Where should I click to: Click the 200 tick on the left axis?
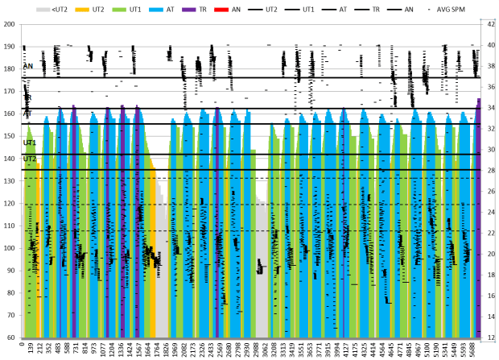click(x=10, y=24)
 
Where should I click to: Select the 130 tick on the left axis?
click(x=10, y=181)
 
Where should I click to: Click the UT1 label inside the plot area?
click(x=29, y=143)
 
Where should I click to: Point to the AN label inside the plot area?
click(x=28, y=66)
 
